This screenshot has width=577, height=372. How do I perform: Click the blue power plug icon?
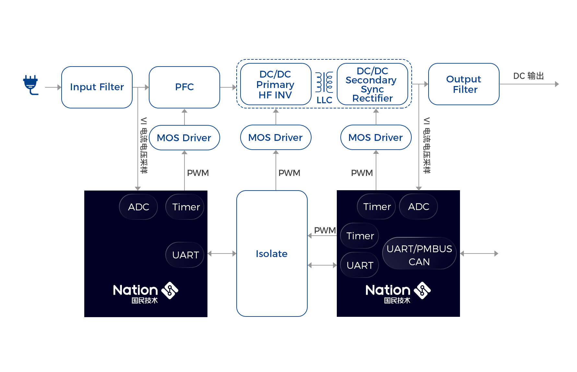click(31, 85)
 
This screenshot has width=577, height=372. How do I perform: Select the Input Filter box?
click(97, 87)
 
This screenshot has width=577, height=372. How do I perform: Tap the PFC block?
click(184, 87)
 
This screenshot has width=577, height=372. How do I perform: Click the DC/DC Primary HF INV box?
click(276, 84)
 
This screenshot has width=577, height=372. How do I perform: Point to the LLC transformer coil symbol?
click(324, 82)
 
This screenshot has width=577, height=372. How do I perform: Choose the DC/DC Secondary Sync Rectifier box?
click(372, 84)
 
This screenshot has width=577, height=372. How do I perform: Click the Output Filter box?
click(464, 84)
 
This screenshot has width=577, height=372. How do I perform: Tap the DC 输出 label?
click(528, 76)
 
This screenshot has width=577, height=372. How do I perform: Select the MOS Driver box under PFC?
click(184, 138)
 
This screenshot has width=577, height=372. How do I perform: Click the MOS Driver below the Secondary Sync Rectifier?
click(376, 137)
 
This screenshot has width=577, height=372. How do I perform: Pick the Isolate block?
click(272, 254)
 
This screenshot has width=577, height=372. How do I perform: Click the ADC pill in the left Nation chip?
click(138, 207)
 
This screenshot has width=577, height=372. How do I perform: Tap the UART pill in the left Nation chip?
click(185, 255)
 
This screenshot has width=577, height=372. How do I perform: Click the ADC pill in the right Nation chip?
click(418, 206)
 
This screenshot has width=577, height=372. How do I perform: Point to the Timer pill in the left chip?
click(185, 207)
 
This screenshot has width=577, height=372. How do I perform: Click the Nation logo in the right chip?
click(398, 293)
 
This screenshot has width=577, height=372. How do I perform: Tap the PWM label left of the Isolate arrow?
click(325, 230)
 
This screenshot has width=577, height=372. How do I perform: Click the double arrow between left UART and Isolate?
click(222, 254)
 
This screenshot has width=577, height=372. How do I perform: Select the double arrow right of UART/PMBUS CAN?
click(479, 254)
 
